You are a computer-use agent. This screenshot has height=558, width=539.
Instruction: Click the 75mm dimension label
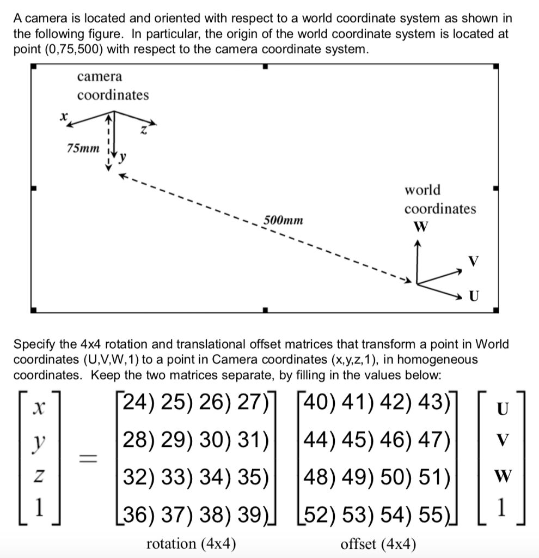tap(83, 148)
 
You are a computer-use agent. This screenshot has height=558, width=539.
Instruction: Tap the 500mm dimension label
tap(284, 221)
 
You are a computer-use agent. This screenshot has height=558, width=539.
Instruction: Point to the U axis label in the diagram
tap(474, 296)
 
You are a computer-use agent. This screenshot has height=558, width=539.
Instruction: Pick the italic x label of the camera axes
tap(64, 116)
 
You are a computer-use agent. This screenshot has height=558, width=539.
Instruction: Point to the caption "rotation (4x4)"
tap(191, 543)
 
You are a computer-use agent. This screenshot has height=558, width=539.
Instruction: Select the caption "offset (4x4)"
tap(378, 543)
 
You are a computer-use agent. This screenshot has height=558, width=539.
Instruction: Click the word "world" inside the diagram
tap(422, 190)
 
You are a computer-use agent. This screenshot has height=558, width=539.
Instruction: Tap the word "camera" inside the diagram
tap(100, 76)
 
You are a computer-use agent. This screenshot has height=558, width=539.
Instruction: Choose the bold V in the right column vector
tap(503, 442)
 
